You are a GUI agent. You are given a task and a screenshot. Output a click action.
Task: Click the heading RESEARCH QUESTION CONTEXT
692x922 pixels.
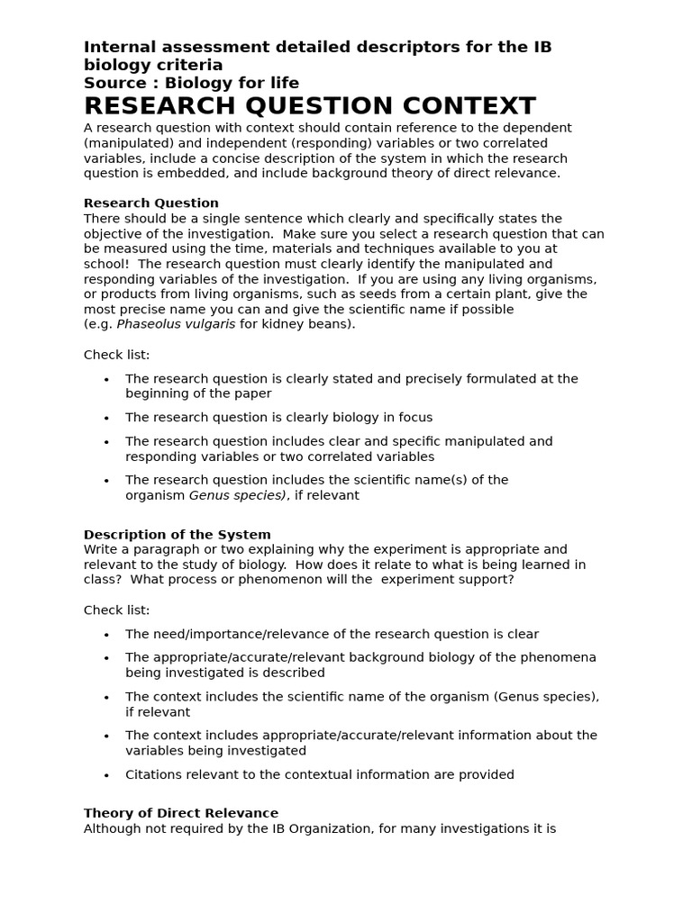309,106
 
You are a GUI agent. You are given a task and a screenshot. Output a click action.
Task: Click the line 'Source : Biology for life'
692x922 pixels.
191,83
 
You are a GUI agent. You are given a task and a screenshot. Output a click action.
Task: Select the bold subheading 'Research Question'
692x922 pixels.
151,203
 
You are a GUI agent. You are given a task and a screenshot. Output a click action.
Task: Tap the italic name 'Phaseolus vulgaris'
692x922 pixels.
176,324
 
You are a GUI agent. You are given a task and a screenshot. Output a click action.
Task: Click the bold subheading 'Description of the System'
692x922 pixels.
177,534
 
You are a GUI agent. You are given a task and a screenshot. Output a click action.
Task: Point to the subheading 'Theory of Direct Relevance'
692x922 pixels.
181,813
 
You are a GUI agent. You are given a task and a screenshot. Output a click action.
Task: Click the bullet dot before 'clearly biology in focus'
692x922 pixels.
107,419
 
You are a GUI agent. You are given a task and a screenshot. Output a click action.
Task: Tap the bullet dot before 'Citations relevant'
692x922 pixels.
107,775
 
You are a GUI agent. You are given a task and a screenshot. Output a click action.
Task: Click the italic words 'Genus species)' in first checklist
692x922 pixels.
238,495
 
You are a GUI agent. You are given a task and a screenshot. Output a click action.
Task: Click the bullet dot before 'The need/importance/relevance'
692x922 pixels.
107,635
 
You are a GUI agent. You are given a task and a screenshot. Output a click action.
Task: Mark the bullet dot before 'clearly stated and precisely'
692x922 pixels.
107,380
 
